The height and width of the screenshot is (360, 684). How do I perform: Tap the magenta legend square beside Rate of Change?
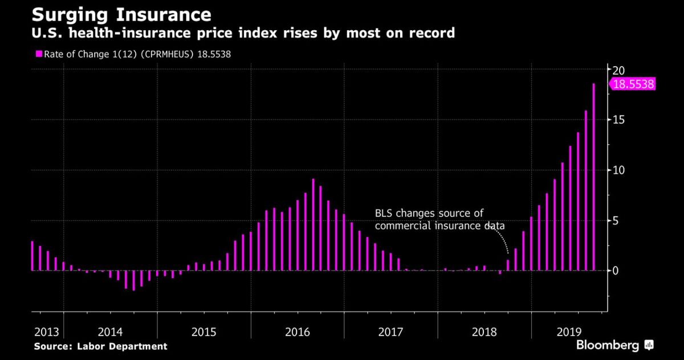39,54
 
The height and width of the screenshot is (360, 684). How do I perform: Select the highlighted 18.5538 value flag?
633,84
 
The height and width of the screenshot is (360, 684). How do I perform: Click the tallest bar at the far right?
593,177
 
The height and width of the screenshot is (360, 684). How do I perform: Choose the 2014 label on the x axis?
110,331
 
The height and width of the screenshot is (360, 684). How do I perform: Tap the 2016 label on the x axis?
298,331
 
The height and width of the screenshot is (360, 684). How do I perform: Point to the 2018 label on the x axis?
484,331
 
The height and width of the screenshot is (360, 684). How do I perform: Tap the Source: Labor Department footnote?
100,346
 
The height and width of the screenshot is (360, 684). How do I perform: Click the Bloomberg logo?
614,345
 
